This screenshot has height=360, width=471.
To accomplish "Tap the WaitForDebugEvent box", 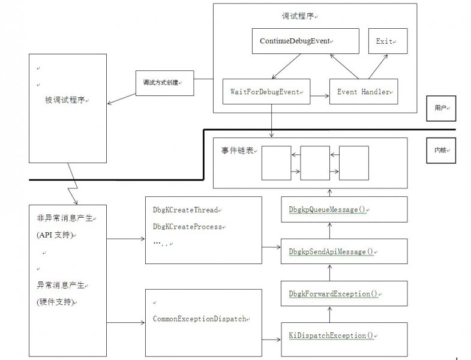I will [x=266, y=92].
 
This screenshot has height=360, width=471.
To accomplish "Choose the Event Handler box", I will [x=364, y=92].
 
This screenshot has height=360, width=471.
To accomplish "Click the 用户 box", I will [x=441, y=109].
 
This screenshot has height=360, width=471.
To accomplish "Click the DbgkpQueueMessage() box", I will [x=328, y=209].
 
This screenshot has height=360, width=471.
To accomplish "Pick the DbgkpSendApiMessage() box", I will [x=328, y=251].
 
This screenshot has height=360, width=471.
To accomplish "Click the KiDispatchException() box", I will [x=328, y=335].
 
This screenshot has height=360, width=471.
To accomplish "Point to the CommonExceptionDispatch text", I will [x=199, y=319].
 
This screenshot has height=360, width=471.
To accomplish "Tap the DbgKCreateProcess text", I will [x=187, y=227].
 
